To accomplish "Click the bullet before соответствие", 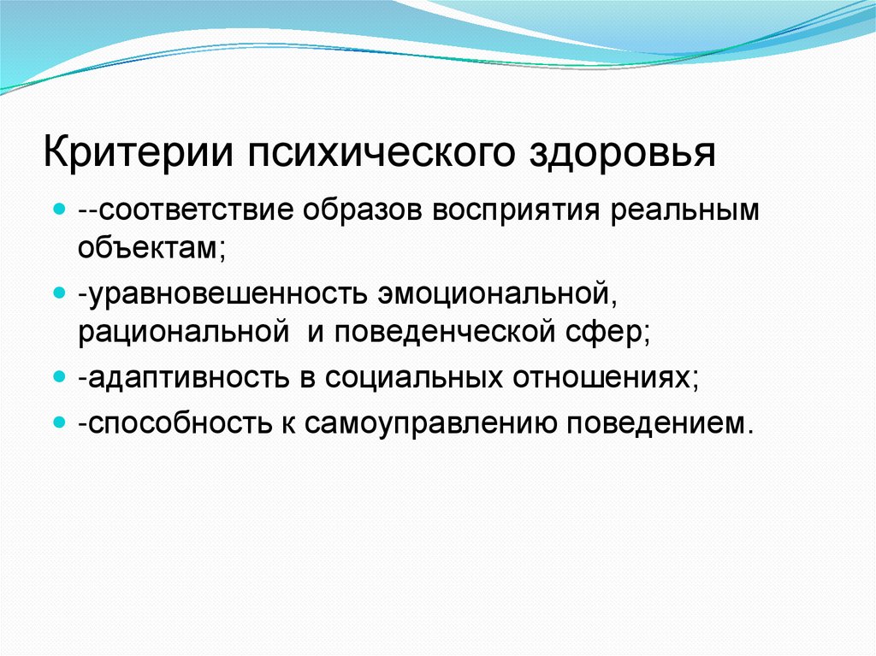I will coord(59,208).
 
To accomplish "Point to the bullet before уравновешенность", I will coord(59,293).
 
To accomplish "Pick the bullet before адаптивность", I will coord(59,377).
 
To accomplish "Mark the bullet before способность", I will coord(59,422).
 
